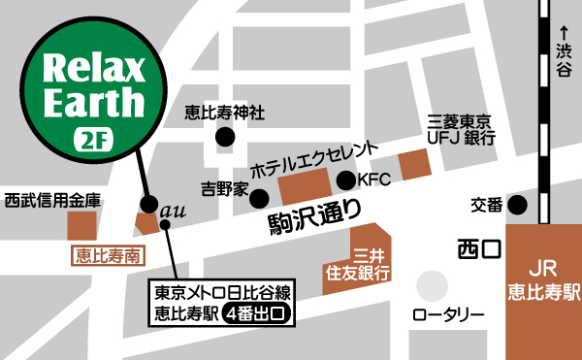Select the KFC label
[373, 180]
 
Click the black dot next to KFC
[346, 180]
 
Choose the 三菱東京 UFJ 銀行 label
[462, 132]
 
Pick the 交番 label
[487, 205]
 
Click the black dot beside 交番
[518, 205]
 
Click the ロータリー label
[448, 315]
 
